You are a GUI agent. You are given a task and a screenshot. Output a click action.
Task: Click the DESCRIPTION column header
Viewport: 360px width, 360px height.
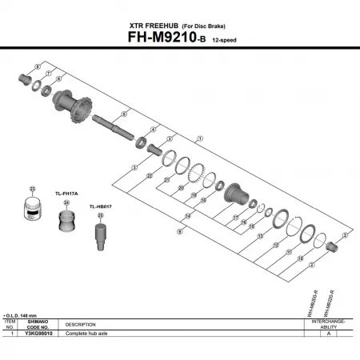(80, 324)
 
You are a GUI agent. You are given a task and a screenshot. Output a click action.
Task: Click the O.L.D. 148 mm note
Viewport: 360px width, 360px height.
(22, 316)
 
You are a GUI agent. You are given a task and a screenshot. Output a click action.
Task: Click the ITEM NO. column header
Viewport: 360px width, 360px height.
(10, 324)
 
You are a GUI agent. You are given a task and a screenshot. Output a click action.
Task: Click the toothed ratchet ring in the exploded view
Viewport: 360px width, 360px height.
(198, 172)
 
